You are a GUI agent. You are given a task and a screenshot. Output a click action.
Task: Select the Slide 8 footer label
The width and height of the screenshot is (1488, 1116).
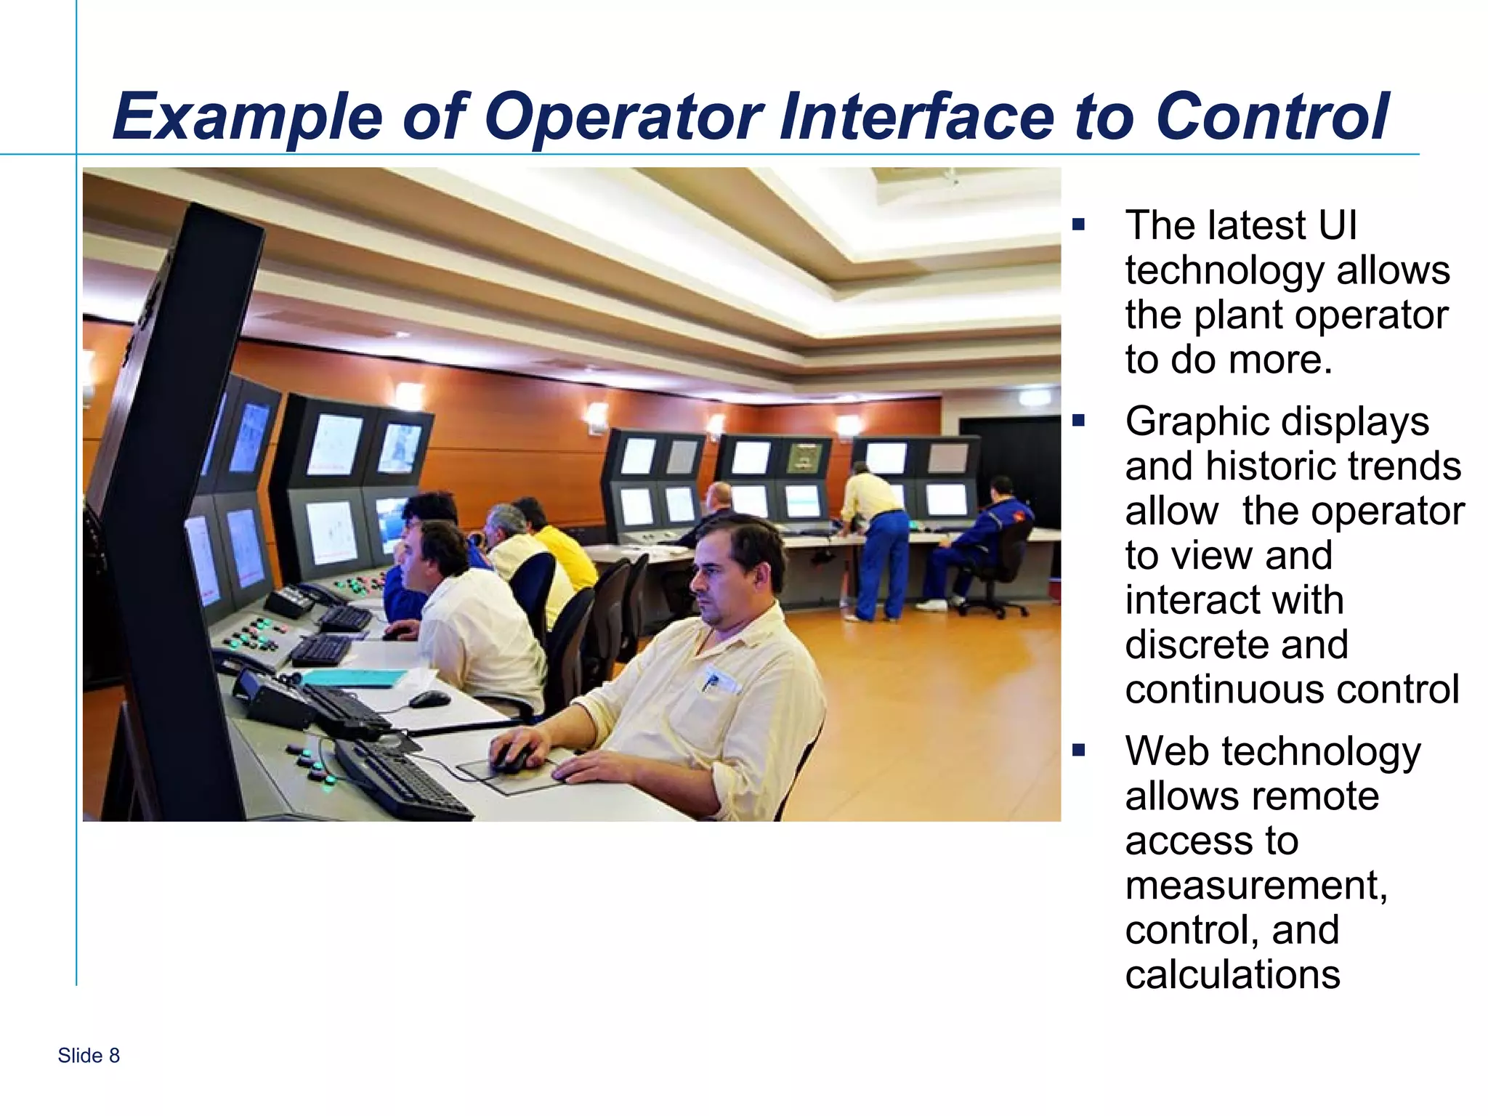point(89,1055)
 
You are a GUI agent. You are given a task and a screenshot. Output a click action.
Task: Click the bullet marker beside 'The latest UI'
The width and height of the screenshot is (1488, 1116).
point(1078,225)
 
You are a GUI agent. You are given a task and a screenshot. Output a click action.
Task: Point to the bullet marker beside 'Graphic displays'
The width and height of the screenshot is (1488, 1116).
point(1078,420)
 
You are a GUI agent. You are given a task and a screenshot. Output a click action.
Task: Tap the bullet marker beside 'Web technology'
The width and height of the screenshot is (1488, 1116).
point(1078,750)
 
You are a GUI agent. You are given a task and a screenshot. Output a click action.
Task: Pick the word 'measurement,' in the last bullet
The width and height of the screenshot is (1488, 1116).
point(1256,885)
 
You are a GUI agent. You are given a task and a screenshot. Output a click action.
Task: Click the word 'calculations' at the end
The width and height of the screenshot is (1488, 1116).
point(1232,974)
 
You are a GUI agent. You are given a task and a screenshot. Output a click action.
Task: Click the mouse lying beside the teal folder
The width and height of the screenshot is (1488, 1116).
point(429,699)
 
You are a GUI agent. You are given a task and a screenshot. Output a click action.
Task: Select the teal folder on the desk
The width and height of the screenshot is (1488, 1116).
point(356,677)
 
